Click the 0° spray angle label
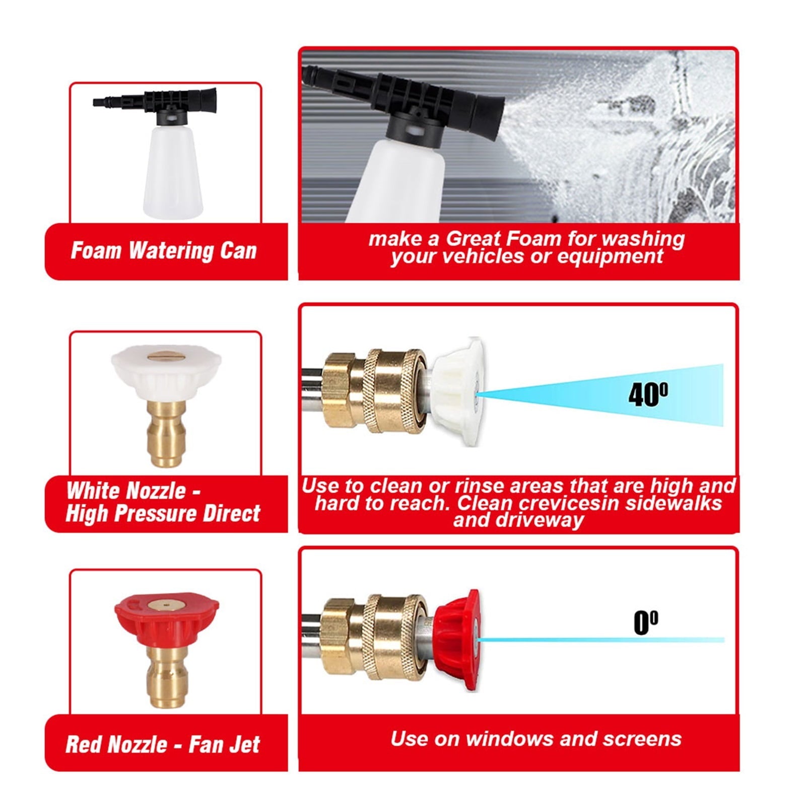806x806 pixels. (x=645, y=623)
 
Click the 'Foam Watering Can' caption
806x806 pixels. (x=164, y=251)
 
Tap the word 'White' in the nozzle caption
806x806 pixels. (x=94, y=491)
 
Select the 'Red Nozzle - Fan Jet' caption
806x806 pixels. (x=163, y=745)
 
